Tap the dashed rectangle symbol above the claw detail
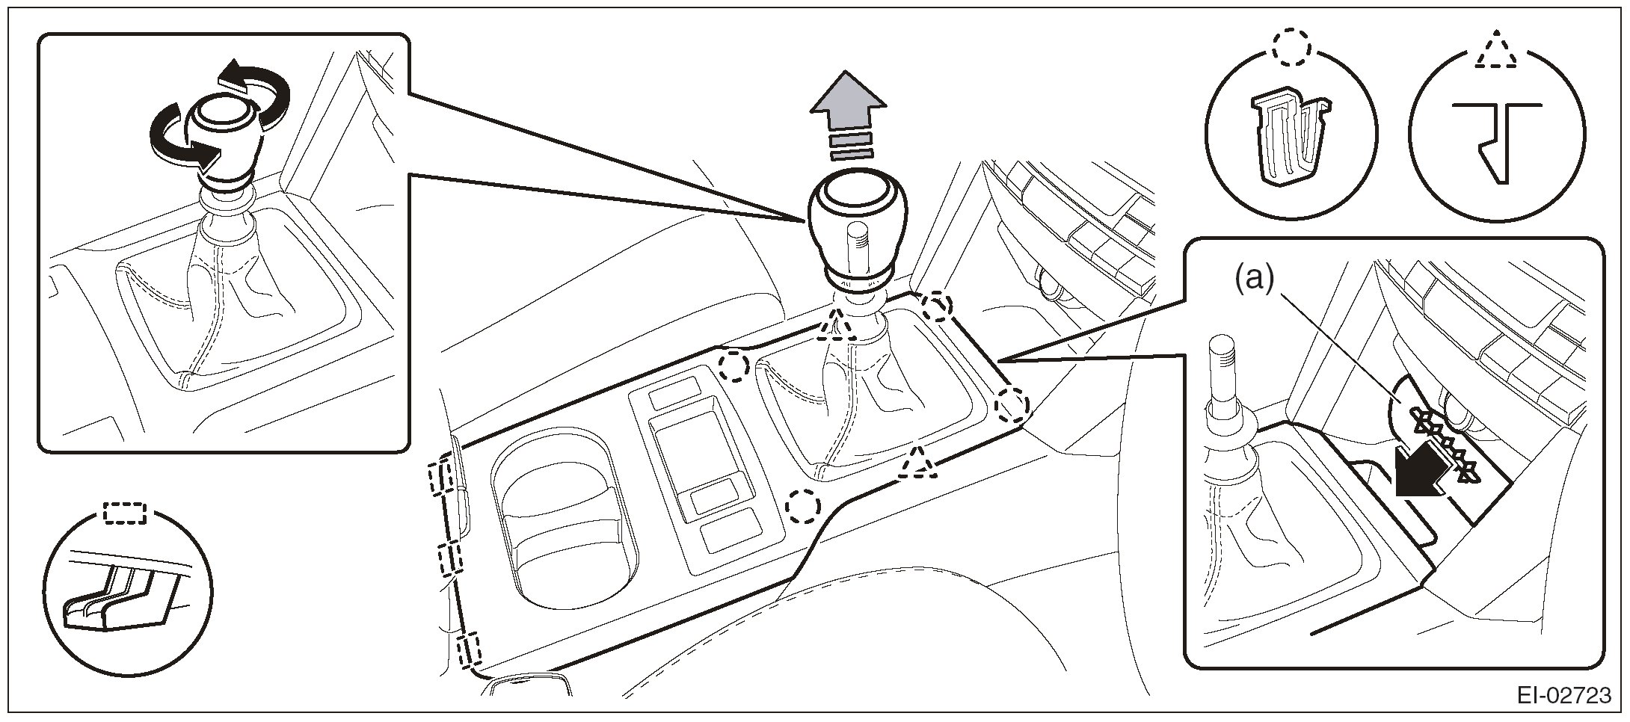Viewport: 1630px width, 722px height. point(125,512)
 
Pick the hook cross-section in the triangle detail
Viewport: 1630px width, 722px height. point(1494,142)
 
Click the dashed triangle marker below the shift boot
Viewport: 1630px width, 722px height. point(918,463)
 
